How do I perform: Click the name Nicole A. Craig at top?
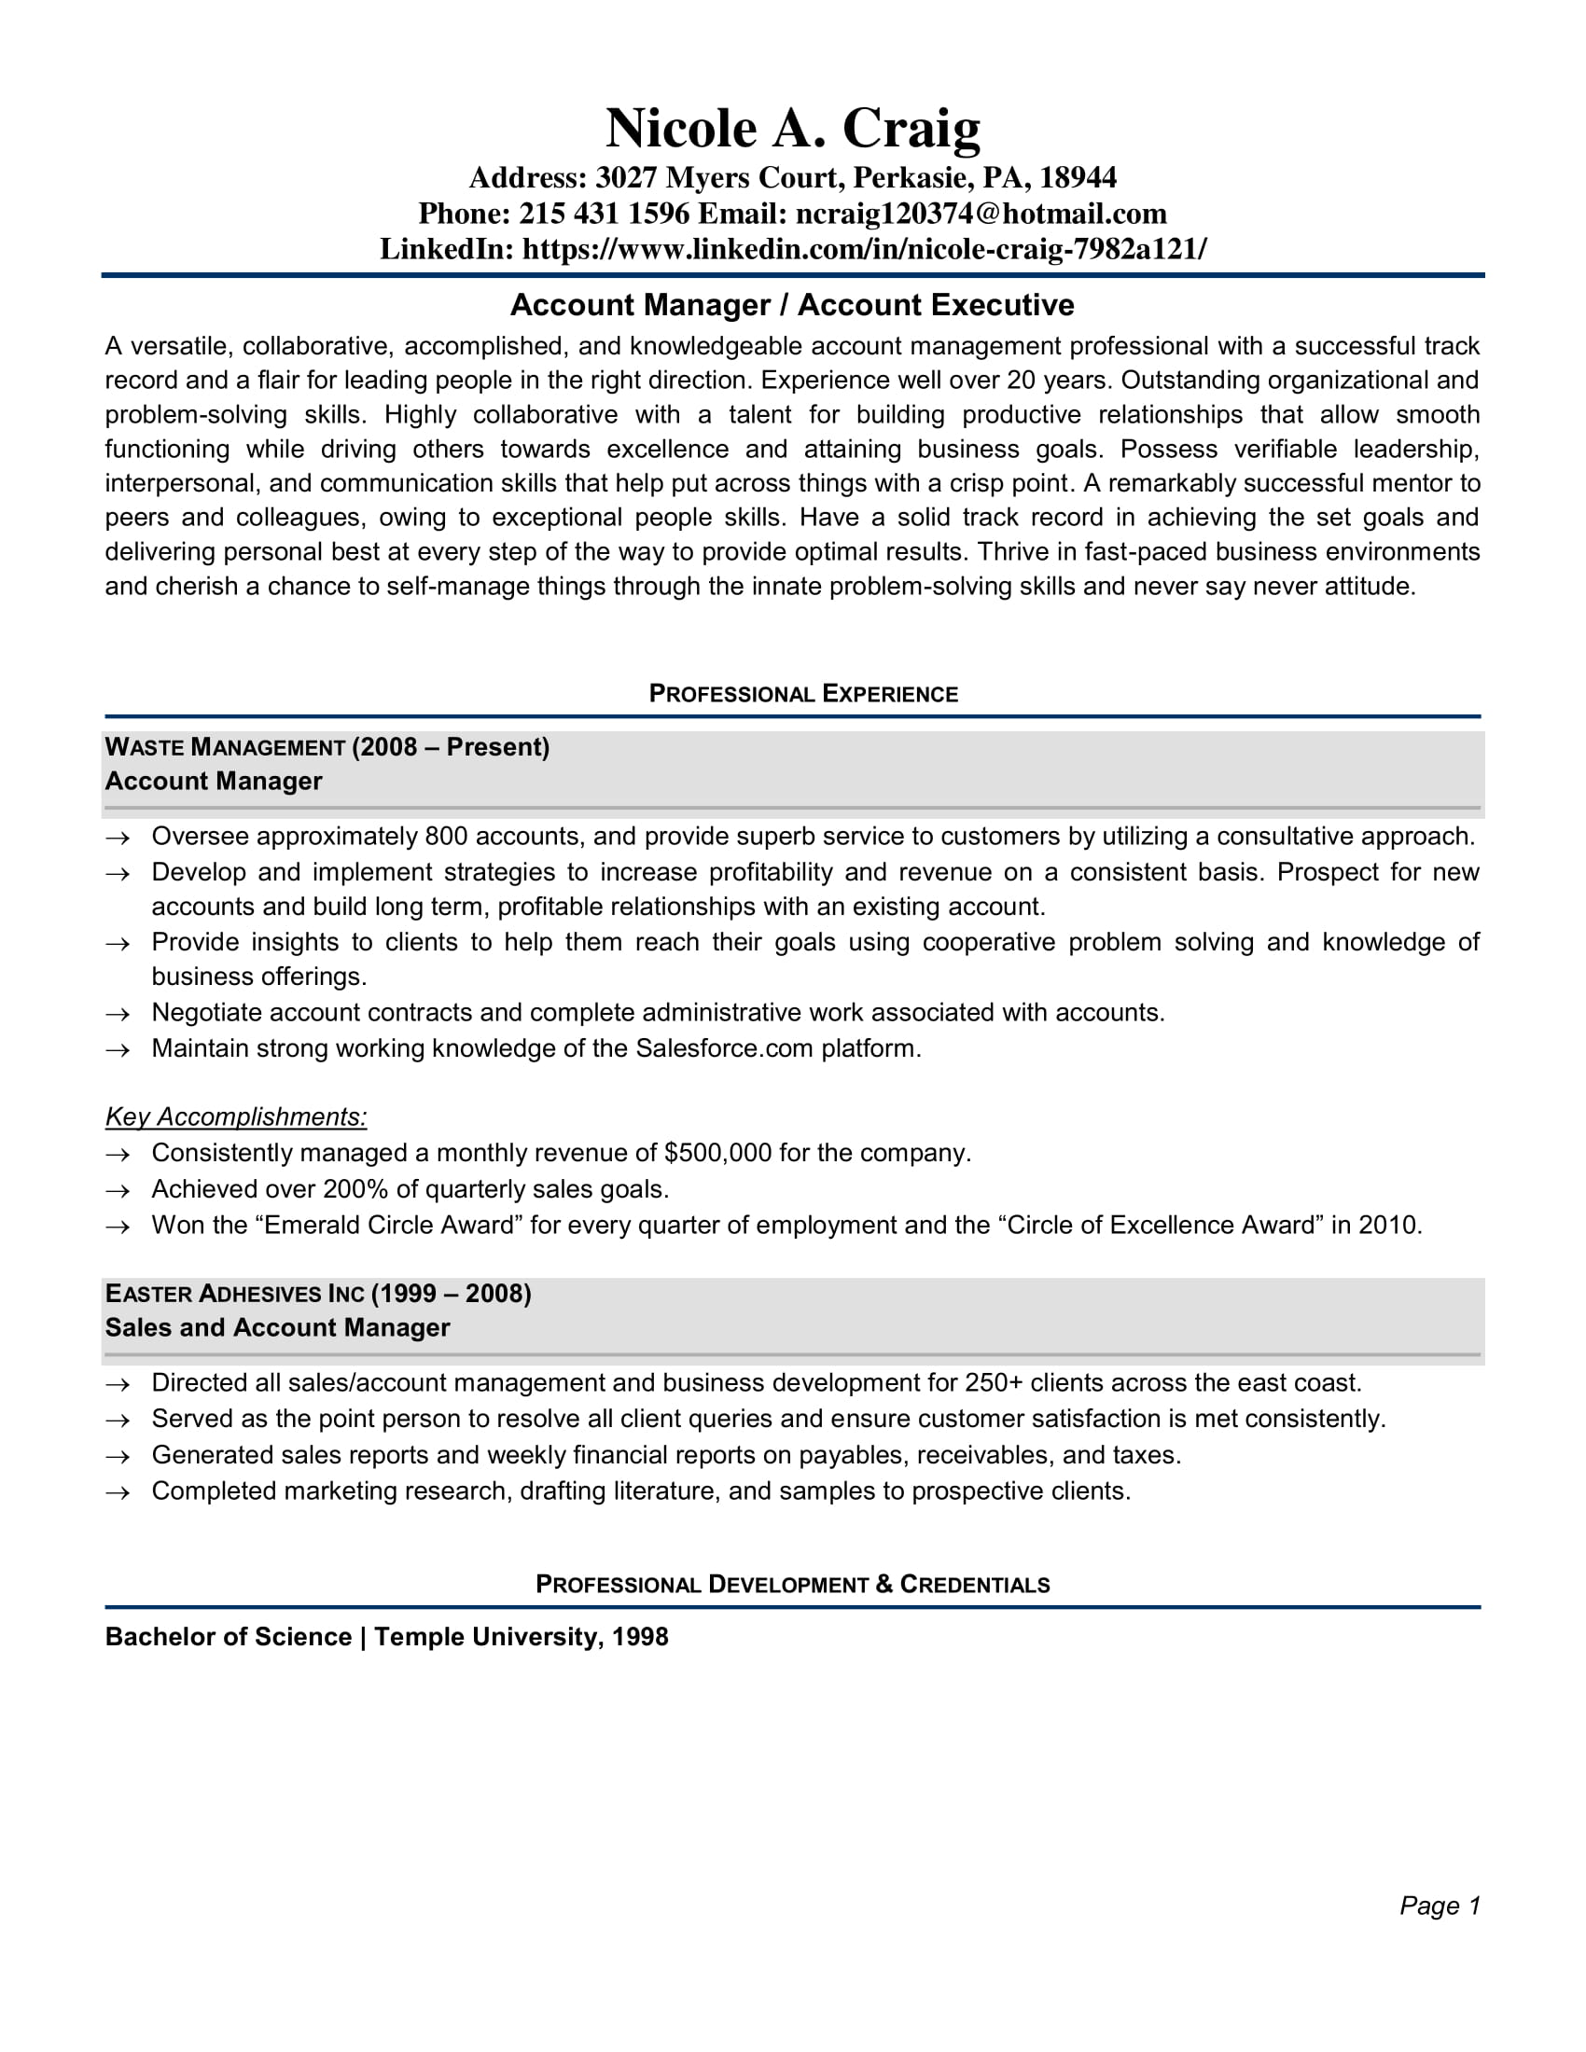[792, 128]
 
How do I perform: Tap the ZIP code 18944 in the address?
[1078, 177]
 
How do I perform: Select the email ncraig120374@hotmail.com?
[981, 215]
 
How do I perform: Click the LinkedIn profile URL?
[864, 249]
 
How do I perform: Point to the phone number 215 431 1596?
[605, 215]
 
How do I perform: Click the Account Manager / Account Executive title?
[792, 305]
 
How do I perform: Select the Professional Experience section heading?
[803, 694]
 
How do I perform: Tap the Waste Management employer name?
[225, 747]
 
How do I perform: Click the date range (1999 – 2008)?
[451, 1294]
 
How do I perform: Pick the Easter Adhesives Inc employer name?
[234, 1294]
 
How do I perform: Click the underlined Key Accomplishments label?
[236, 1117]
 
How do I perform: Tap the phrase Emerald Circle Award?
[389, 1226]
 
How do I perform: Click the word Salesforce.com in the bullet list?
[723, 1048]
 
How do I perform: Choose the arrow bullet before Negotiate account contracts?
[117, 1014]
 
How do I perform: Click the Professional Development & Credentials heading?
[792, 1585]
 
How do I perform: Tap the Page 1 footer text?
[1440, 1906]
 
